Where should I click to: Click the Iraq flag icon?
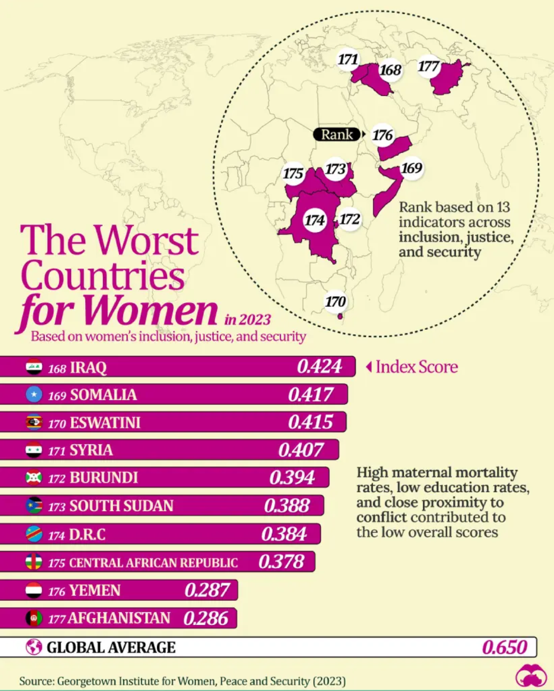34,367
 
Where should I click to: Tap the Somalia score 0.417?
310,394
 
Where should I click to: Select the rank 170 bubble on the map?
335,302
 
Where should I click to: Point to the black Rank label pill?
337,135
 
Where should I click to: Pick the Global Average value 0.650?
504,647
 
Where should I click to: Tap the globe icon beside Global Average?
34,647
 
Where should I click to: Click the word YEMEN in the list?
95,590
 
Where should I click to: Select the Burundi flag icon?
34,478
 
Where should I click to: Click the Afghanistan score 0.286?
205,618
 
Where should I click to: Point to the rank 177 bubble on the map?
429,67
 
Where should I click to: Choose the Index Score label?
416,367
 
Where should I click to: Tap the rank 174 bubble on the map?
315,220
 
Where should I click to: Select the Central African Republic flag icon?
34,562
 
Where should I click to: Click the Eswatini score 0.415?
310,422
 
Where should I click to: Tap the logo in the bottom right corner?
530,676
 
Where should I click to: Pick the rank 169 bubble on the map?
411,168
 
